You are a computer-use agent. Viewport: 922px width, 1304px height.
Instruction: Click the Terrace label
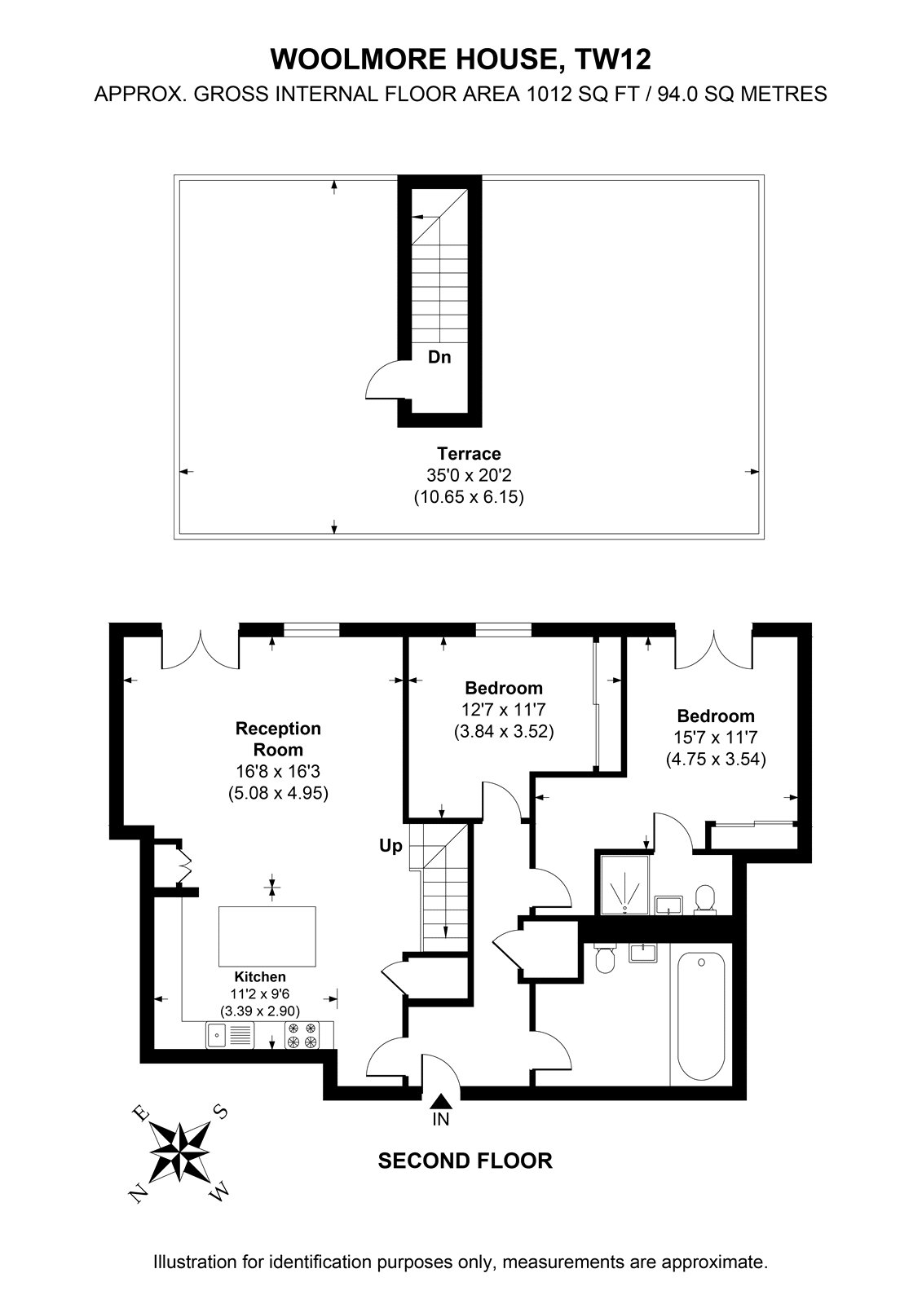pos(469,453)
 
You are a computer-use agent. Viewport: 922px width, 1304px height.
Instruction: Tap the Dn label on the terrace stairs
pos(439,357)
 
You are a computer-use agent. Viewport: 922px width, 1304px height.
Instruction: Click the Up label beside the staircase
pos(390,847)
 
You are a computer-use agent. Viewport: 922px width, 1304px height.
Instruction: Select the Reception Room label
pos(278,739)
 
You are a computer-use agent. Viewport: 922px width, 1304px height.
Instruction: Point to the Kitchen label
pos(260,977)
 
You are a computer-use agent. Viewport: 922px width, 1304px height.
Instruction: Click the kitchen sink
pos(229,1036)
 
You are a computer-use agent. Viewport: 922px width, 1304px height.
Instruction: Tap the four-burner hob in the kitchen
pos(302,1036)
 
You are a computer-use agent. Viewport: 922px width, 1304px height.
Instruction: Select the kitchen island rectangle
pos(267,936)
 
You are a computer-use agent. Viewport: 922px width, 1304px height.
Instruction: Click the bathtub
pos(701,1015)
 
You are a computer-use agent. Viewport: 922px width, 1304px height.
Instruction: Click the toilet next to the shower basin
pos(705,900)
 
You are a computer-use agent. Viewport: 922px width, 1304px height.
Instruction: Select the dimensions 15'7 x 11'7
pos(716,738)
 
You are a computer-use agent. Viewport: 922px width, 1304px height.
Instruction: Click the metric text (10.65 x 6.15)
pos(469,497)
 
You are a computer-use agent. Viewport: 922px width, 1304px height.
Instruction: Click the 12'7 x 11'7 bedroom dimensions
pos(504,710)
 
